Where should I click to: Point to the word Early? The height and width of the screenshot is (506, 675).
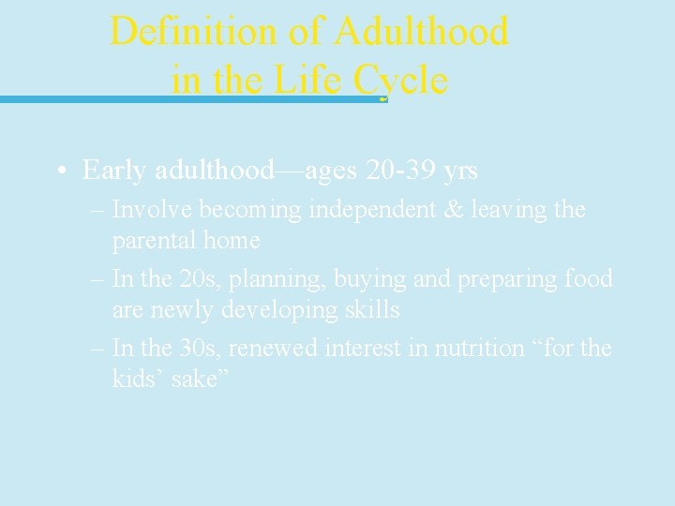pos(112,171)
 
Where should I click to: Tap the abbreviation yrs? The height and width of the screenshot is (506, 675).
pos(460,171)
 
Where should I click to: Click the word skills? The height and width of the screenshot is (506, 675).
pos(368,310)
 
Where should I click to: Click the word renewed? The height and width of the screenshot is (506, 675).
pos(275,349)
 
